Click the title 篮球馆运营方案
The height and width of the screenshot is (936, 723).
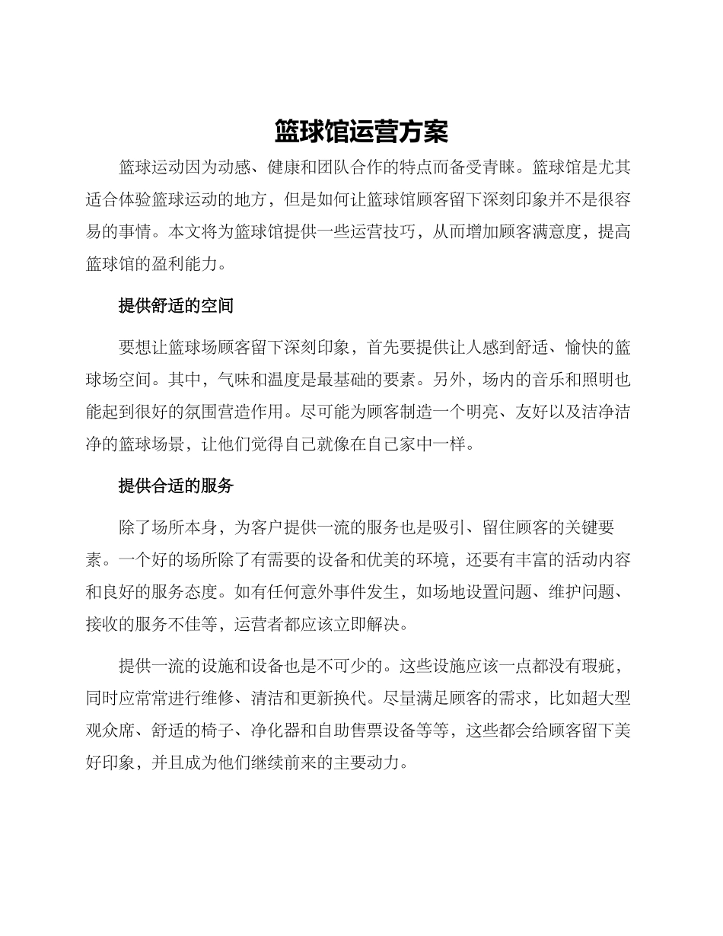(x=361, y=132)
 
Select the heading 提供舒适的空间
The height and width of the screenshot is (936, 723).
(x=176, y=306)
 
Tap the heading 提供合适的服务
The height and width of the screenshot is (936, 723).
(x=176, y=486)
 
